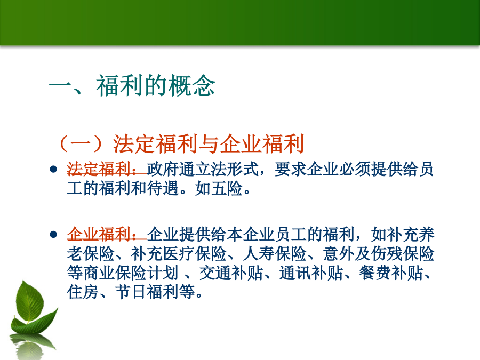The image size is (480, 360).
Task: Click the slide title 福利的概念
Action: (156, 86)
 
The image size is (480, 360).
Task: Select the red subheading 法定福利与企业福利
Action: (209, 143)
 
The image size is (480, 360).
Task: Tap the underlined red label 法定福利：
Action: (107, 169)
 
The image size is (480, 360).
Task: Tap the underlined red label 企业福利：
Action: (107, 234)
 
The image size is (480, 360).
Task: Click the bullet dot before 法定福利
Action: (53, 169)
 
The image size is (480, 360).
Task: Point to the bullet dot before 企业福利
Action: (53, 235)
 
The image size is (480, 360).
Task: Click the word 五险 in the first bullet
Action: (227, 189)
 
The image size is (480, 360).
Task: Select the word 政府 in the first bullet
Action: (163, 169)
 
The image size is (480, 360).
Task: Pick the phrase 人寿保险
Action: (275, 253)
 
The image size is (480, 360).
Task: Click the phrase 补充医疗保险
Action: (179, 253)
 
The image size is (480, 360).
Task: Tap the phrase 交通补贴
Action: (231, 273)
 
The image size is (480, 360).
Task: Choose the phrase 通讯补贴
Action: (311, 273)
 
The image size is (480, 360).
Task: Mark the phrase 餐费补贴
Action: (391, 273)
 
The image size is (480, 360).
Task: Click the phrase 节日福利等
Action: (155, 292)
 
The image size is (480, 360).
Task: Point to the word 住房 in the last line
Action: (83, 292)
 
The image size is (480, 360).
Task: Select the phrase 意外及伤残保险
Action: (379, 253)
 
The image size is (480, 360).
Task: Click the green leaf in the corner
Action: (32, 307)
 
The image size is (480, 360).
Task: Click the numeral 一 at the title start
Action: (60, 86)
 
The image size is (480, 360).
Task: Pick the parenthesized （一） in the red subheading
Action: (81, 143)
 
